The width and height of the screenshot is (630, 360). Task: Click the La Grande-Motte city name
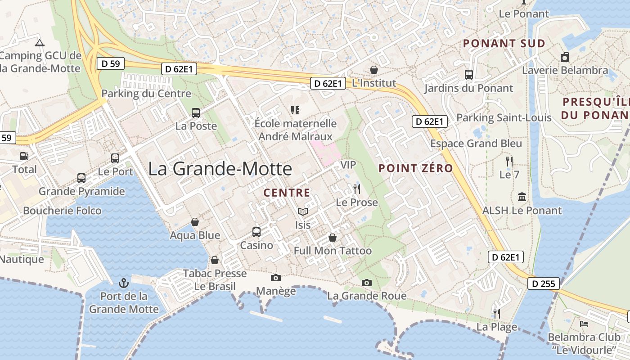click(220, 169)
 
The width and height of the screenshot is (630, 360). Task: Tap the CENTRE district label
click(287, 193)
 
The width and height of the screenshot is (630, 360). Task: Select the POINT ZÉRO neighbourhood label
click(416, 168)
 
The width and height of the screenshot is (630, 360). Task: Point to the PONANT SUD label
click(504, 44)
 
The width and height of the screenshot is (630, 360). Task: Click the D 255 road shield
click(544, 284)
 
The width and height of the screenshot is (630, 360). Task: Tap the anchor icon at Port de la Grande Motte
click(123, 283)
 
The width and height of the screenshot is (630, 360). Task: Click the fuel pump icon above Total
click(24, 156)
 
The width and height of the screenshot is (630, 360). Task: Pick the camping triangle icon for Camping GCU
click(40, 43)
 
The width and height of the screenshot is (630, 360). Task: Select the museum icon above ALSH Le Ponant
click(522, 197)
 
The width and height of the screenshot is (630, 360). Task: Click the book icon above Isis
click(303, 211)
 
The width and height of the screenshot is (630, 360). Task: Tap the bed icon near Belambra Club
click(584, 324)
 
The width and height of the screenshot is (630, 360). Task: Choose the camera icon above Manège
click(275, 278)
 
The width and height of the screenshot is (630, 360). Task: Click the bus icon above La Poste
click(196, 112)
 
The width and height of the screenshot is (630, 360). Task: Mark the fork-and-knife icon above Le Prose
click(357, 189)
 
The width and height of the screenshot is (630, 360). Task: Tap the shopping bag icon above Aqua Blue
click(195, 222)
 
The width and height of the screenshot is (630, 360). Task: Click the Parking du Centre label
click(146, 94)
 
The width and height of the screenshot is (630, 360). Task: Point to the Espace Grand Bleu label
click(476, 144)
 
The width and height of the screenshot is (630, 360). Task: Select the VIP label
click(348, 165)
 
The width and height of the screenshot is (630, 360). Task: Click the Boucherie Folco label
click(62, 211)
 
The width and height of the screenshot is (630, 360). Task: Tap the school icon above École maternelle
click(295, 110)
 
